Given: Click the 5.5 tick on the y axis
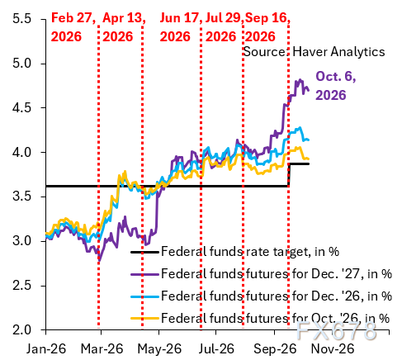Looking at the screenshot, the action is (21, 19).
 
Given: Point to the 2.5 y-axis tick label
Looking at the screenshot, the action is (21, 286).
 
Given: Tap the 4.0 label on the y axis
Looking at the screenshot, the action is (21, 152).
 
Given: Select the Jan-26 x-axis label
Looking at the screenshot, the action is (46, 349).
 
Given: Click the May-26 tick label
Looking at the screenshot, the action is (159, 349).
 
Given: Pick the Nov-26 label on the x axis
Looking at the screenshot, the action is (333, 349).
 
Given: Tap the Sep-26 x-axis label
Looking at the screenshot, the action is (275, 349).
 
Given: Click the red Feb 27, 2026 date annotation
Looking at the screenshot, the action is (73, 27).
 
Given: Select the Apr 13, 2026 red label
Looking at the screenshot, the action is (124, 27).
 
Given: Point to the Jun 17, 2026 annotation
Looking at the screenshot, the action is (179, 27).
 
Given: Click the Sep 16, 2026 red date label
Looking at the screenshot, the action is (267, 27).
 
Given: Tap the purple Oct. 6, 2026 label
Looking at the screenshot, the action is (336, 86).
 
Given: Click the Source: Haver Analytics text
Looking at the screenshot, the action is (315, 51).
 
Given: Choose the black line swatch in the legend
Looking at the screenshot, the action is (144, 252).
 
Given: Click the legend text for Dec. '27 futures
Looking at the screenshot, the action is (277, 274).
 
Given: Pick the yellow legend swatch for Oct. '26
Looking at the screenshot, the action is (144, 319).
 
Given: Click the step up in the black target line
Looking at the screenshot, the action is (289, 175).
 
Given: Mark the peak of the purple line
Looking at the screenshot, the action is (300, 80).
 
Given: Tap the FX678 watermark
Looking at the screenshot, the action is (336, 330).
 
